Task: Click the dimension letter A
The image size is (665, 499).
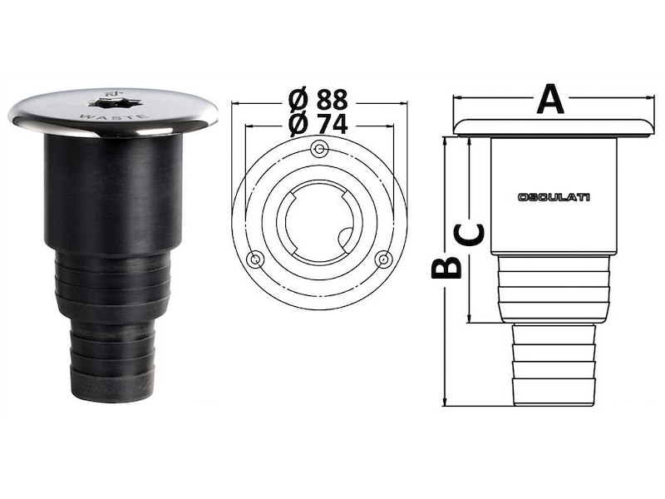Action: pyautogui.click(x=549, y=100)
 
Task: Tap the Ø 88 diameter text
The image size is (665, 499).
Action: pyautogui.click(x=319, y=100)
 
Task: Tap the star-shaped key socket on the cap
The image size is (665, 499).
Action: pyautogui.click(x=114, y=106)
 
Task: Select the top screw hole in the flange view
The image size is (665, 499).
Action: pyautogui.click(x=318, y=149)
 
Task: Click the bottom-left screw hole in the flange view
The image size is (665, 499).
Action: pyautogui.click(x=256, y=258)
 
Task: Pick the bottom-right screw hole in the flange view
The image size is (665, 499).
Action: pyautogui.click(x=383, y=259)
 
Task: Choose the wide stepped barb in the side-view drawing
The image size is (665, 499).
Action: pyautogui.click(x=553, y=288)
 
